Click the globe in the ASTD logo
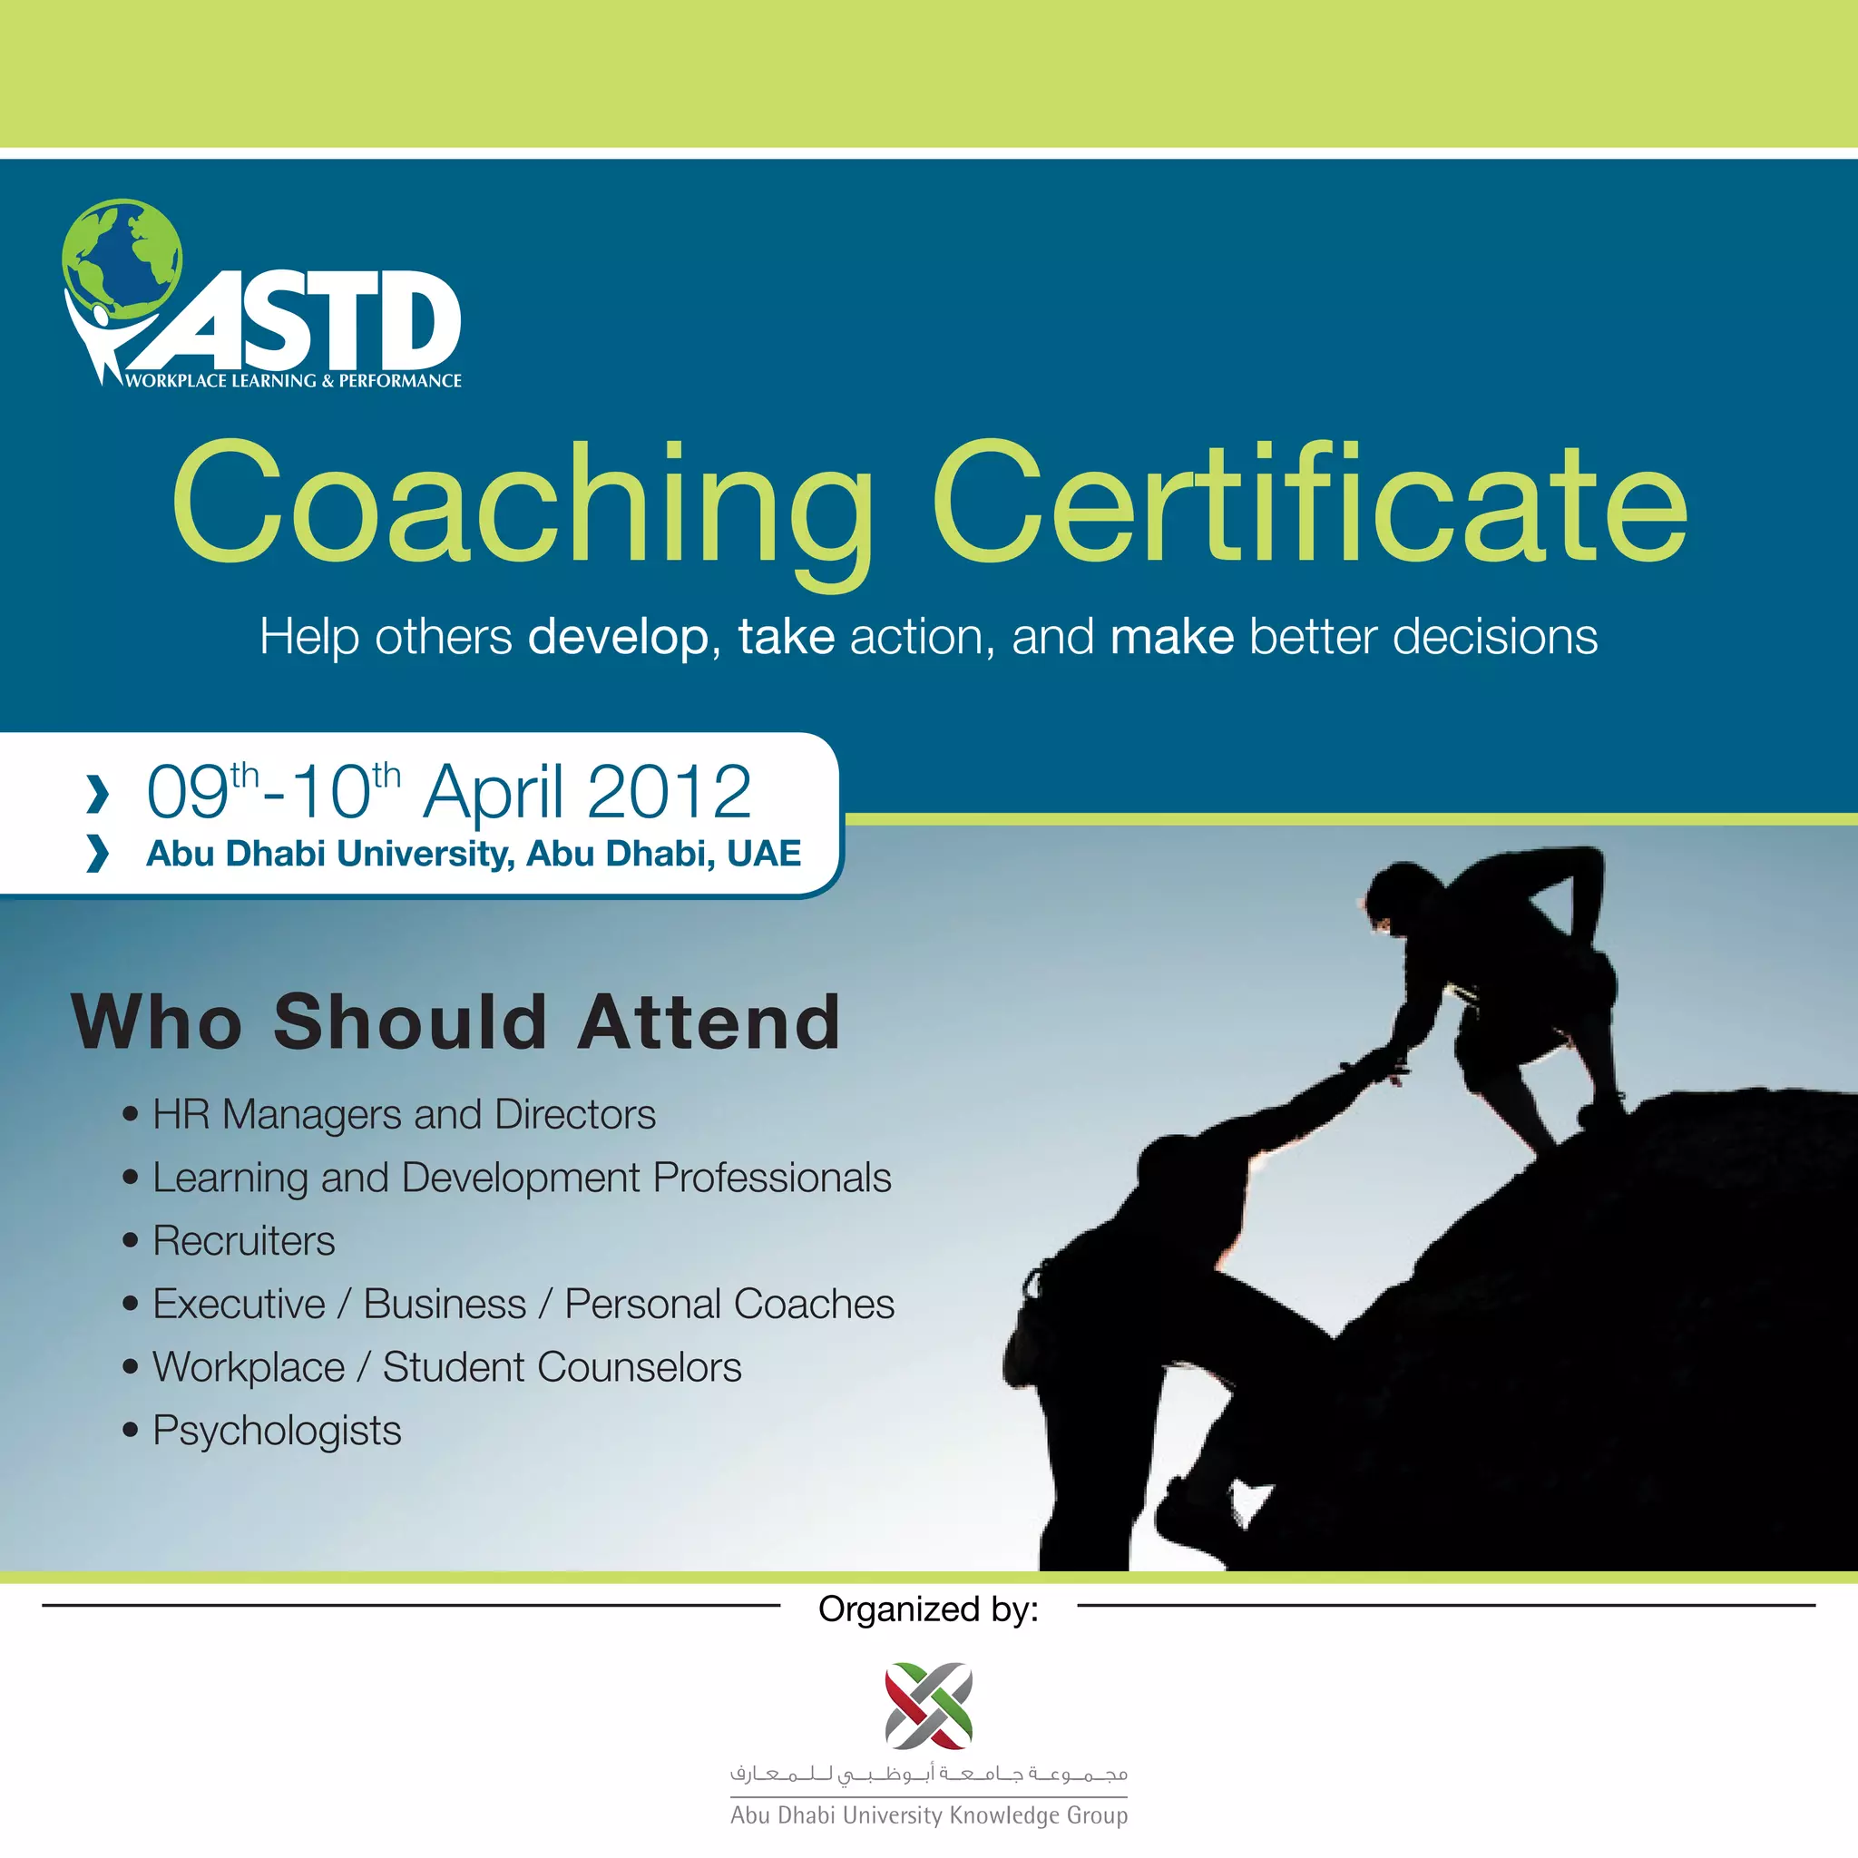point(122,258)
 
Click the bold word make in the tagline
point(1171,637)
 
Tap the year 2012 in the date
point(669,791)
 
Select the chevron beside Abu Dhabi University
point(97,853)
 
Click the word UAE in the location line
point(764,853)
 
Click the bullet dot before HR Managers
point(131,1116)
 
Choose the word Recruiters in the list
point(244,1240)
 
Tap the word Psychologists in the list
point(277,1430)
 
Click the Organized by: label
point(928,1609)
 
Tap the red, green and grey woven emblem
point(928,1705)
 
